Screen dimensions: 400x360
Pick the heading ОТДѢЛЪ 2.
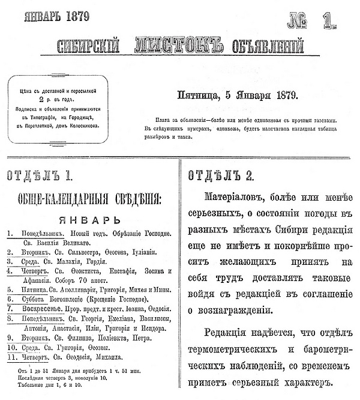coord(221,175)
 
